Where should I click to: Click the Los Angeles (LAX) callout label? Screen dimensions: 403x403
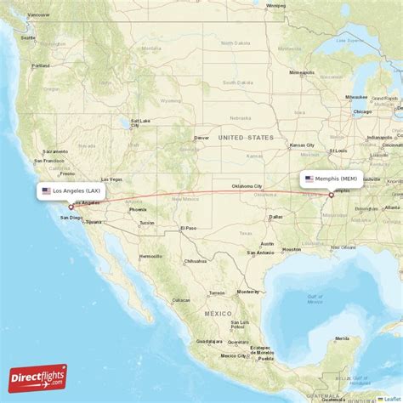tap(75, 191)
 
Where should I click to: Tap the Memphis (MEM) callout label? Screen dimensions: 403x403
tap(332, 179)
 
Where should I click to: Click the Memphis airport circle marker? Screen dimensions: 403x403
tap(332, 195)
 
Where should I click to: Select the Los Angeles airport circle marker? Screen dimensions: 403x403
tap(71, 207)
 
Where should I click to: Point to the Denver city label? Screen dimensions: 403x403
tap(201, 137)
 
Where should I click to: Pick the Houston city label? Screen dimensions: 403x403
tap(292, 249)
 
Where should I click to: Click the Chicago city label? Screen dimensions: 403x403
tap(362, 111)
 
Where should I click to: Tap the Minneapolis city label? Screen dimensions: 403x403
tap(302, 73)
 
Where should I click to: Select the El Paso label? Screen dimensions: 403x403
tap(188, 228)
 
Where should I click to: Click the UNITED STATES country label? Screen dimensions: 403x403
tap(245, 137)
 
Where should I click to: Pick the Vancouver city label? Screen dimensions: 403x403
tap(38, 14)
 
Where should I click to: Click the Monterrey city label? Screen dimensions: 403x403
tap(247, 291)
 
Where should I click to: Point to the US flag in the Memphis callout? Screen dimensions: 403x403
tap(309, 179)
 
